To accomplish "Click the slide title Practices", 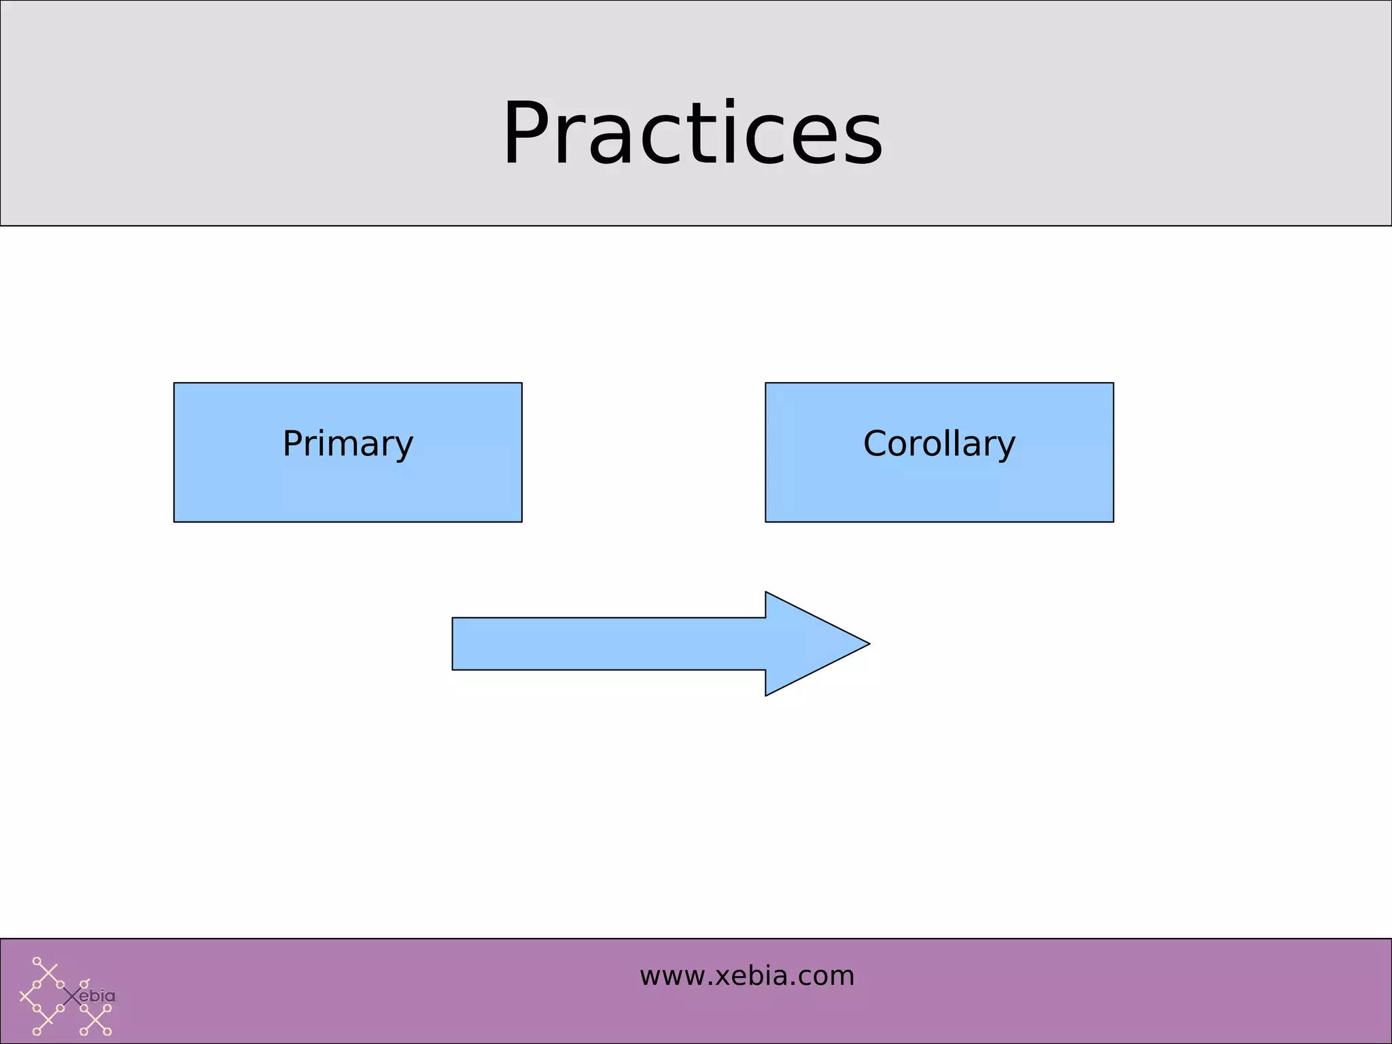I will point(692,133).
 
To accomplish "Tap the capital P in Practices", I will point(533,133).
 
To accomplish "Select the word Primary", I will point(347,444).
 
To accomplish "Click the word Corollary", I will point(939,444).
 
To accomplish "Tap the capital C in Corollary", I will point(877,444).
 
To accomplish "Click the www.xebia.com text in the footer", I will point(746,976).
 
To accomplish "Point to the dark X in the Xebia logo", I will point(72,997).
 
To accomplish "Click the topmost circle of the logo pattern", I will point(37,961).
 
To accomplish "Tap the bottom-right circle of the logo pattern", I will point(107,1032).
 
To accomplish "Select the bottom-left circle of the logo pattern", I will point(37,1032).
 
